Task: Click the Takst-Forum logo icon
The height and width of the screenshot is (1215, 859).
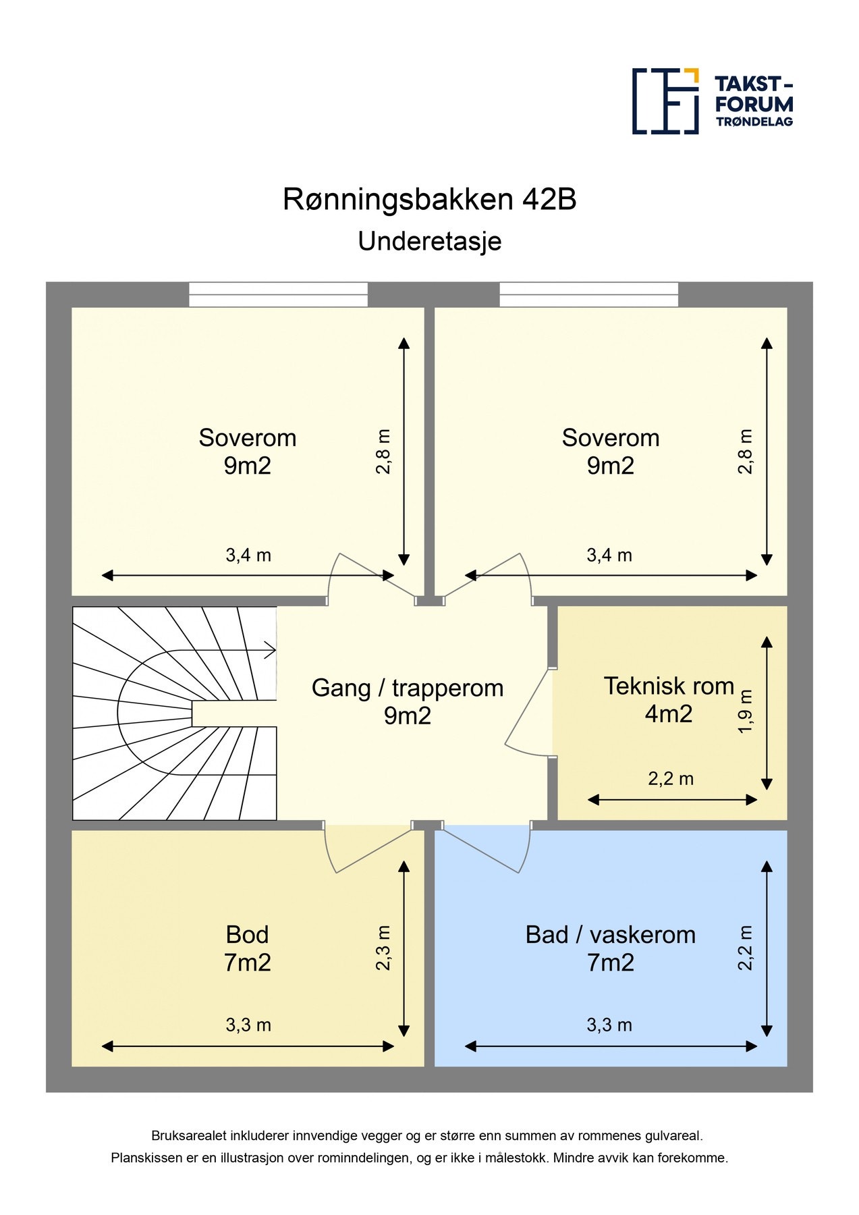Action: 665,101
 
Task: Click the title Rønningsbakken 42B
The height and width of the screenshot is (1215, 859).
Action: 429,200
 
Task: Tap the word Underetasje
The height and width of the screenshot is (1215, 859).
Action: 430,242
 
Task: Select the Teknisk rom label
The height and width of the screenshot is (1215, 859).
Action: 669,686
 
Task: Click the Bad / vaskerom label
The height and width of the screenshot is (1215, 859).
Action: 611,935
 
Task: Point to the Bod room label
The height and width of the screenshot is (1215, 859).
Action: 248,935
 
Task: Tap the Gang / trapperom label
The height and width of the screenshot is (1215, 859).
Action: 408,688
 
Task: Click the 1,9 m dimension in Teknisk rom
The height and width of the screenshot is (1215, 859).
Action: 745,711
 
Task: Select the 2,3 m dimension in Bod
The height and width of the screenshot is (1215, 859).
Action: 383,948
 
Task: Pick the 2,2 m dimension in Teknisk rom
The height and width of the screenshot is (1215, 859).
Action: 671,779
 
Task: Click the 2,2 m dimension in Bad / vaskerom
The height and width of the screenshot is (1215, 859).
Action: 745,948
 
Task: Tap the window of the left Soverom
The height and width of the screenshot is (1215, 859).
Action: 278,295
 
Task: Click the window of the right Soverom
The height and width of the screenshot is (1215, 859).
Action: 589,295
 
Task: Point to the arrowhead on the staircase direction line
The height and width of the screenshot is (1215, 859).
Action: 271,651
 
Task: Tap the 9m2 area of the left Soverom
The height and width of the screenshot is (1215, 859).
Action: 248,466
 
